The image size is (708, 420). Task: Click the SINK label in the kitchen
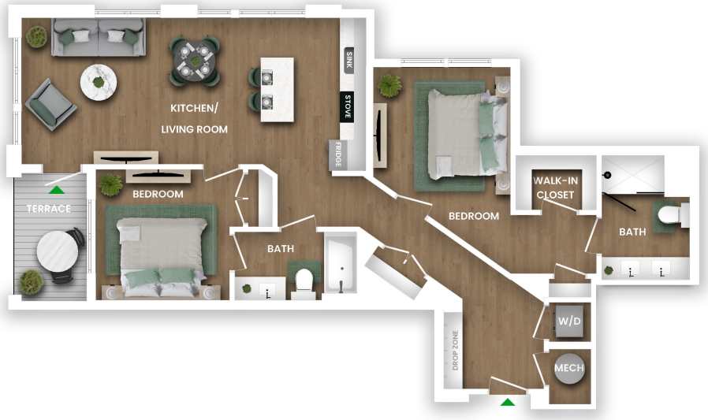[348, 61]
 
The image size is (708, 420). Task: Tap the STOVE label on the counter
[347, 106]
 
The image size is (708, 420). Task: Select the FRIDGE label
[337, 154]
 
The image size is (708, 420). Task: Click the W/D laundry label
[568, 322]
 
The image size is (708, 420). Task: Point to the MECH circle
[568, 368]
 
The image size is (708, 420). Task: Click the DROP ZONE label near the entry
[455, 351]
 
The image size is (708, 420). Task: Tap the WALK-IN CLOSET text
[555, 188]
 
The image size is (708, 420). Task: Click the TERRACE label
[49, 209]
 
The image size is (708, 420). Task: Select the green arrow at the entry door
[508, 403]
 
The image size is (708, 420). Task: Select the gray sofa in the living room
[98, 37]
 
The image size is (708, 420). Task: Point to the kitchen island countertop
[278, 89]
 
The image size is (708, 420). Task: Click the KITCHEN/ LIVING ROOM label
[195, 118]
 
